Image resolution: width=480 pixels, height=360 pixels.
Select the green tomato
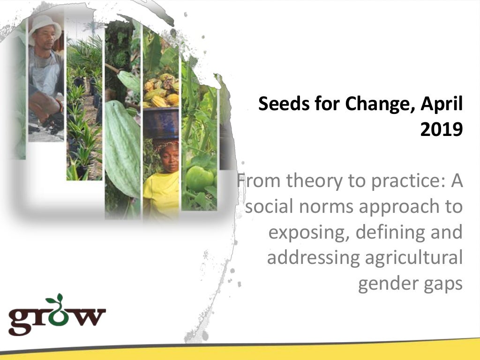[199, 177]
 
